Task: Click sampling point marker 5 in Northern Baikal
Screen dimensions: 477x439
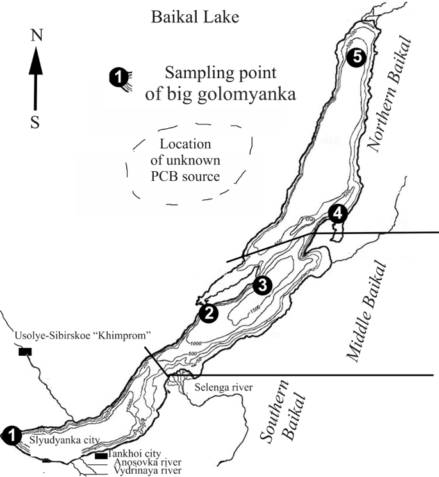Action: (x=357, y=57)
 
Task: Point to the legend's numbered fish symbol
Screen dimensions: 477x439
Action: (x=118, y=77)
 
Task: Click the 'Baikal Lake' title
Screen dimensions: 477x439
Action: (x=194, y=17)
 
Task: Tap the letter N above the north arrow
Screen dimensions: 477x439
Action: (x=37, y=37)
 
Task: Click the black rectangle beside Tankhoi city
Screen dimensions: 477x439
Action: (x=99, y=456)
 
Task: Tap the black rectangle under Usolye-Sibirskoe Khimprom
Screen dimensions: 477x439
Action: (x=26, y=351)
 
